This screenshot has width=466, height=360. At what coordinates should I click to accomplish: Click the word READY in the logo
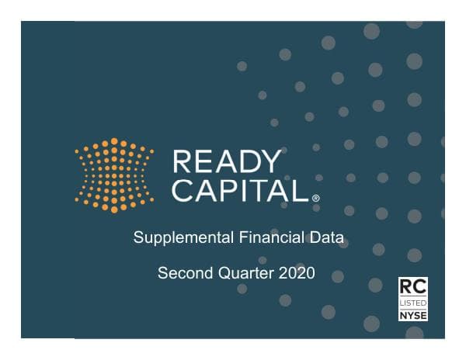[227, 162]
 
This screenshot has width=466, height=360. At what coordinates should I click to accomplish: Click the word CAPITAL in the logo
[240, 189]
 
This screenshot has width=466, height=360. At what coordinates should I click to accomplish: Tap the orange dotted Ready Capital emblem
[114, 175]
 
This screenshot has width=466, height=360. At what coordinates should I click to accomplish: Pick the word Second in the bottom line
[183, 273]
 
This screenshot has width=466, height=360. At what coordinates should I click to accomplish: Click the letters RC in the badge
[412, 285]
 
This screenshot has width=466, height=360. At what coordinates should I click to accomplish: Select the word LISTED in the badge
[412, 300]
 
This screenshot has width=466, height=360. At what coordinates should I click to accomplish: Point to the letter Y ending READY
[271, 162]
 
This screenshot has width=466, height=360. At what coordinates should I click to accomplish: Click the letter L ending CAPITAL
[302, 189]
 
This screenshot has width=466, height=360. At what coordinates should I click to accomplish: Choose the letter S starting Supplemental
[138, 237]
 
